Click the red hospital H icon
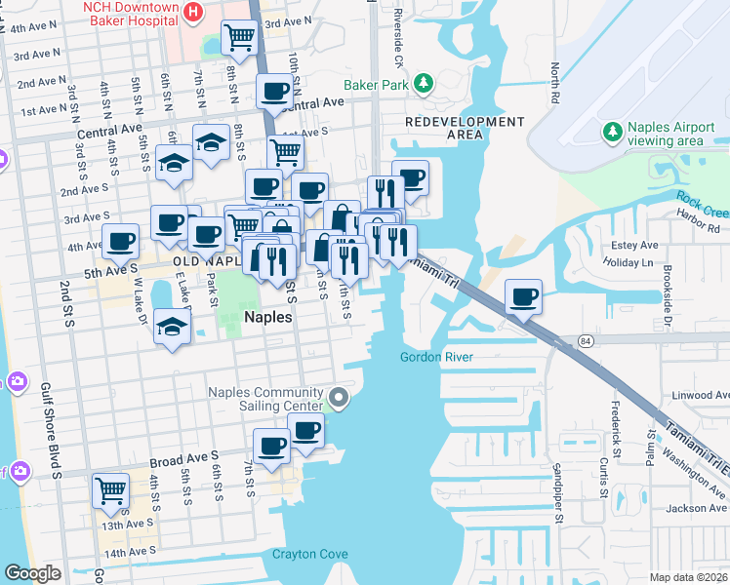click(x=193, y=13)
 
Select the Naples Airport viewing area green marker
click(x=612, y=132)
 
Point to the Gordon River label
click(x=436, y=358)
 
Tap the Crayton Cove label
click(x=309, y=554)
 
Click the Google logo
click(x=32, y=573)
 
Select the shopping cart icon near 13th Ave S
click(x=111, y=490)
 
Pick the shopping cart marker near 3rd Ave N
click(x=239, y=39)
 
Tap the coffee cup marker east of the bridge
click(x=523, y=296)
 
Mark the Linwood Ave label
click(x=701, y=395)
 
